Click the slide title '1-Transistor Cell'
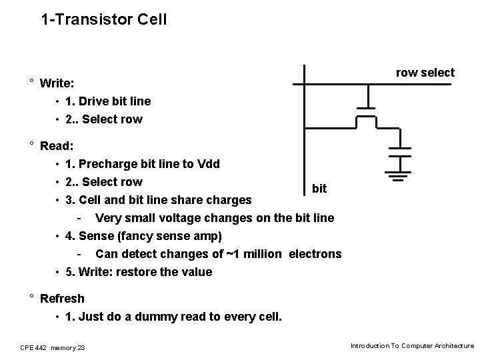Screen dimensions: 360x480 pos(103,19)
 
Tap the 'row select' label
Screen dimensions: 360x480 pos(425,73)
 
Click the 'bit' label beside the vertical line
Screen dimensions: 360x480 pos(319,189)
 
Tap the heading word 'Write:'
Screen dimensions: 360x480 pos(57,84)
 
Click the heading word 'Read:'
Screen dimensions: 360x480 pos(57,145)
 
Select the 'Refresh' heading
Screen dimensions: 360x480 pos(62,299)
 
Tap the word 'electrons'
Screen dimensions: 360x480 pos(315,254)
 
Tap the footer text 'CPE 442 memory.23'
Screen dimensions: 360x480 pos(57,347)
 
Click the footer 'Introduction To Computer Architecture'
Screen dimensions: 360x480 pos(412,346)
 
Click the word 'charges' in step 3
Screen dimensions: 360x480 pos(229,200)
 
